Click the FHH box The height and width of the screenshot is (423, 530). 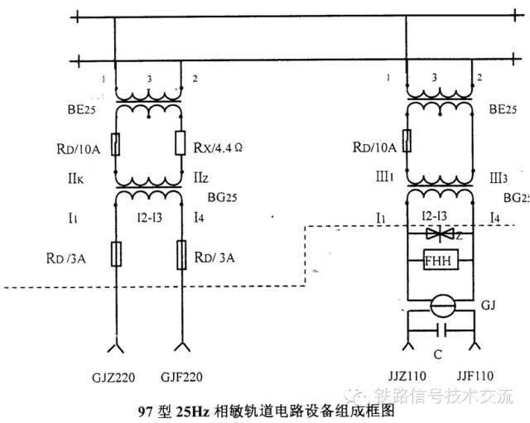436,260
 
